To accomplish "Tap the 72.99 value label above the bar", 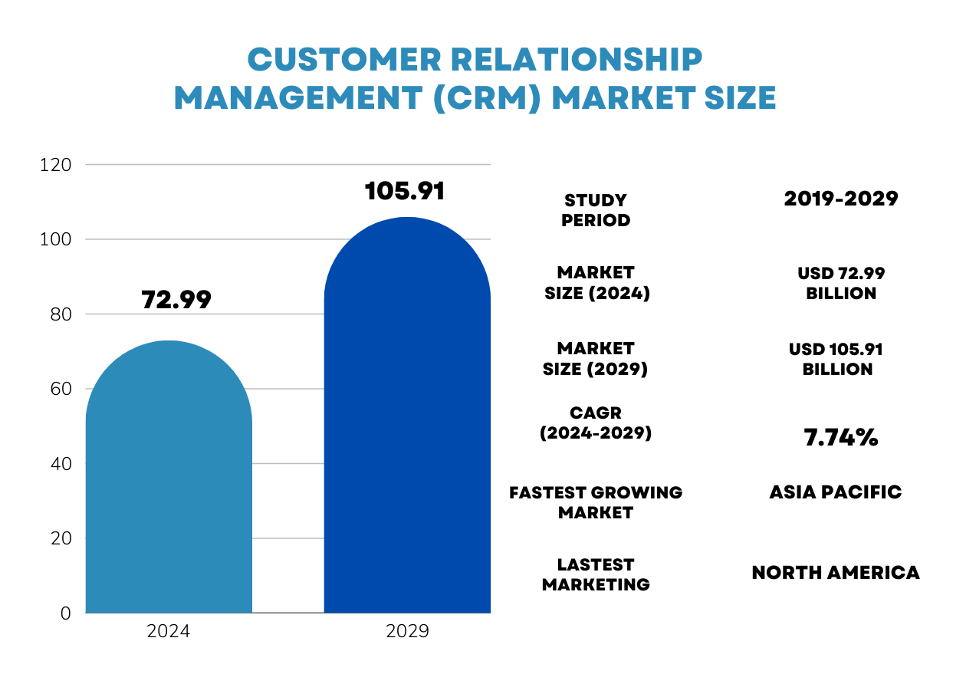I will click(176, 301).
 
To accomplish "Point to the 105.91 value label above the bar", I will click(405, 192).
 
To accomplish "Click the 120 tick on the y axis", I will click(56, 165).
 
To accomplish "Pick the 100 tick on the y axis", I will click(56, 240).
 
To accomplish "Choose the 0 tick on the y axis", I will click(65, 613).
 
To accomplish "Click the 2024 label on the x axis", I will click(169, 632).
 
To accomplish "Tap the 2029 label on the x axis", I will click(407, 632).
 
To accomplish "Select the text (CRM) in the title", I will click(485, 98).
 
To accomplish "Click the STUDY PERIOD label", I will click(596, 210).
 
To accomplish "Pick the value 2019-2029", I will click(841, 199).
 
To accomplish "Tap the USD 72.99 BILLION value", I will click(841, 284).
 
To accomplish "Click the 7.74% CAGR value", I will click(840, 438).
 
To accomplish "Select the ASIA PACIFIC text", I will click(836, 492).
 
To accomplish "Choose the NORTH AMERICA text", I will click(836, 573).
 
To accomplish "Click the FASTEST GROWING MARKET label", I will click(596, 502).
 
